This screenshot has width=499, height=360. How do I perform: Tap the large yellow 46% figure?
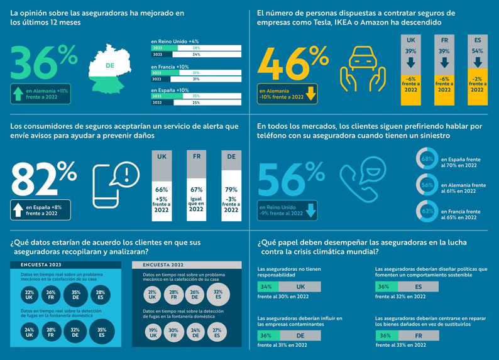click(292, 65)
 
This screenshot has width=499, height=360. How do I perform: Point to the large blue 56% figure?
click(291, 178)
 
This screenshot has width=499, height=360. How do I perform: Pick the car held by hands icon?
click(362, 70)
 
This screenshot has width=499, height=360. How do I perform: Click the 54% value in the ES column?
click(478, 51)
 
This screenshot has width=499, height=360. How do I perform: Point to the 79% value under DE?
click(231, 190)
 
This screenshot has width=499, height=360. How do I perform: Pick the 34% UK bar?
click(290, 286)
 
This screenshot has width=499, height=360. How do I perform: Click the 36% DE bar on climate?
click(290, 335)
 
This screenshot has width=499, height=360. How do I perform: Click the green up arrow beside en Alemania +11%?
click(18, 94)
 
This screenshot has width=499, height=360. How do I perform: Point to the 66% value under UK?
click(162, 190)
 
